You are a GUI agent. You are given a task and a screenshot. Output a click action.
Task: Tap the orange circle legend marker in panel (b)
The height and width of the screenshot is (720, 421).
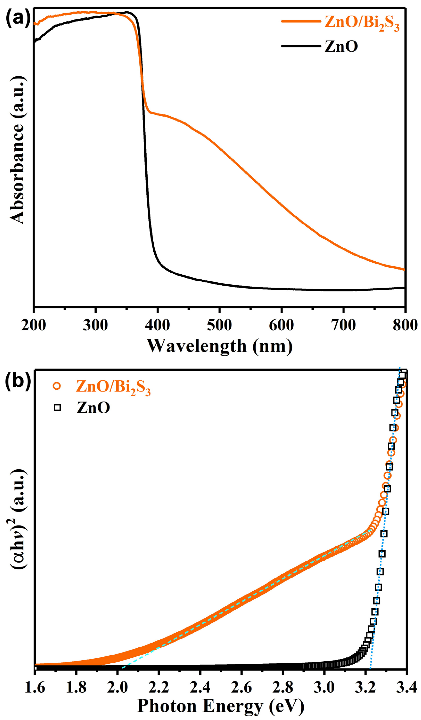[x=57, y=386]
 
